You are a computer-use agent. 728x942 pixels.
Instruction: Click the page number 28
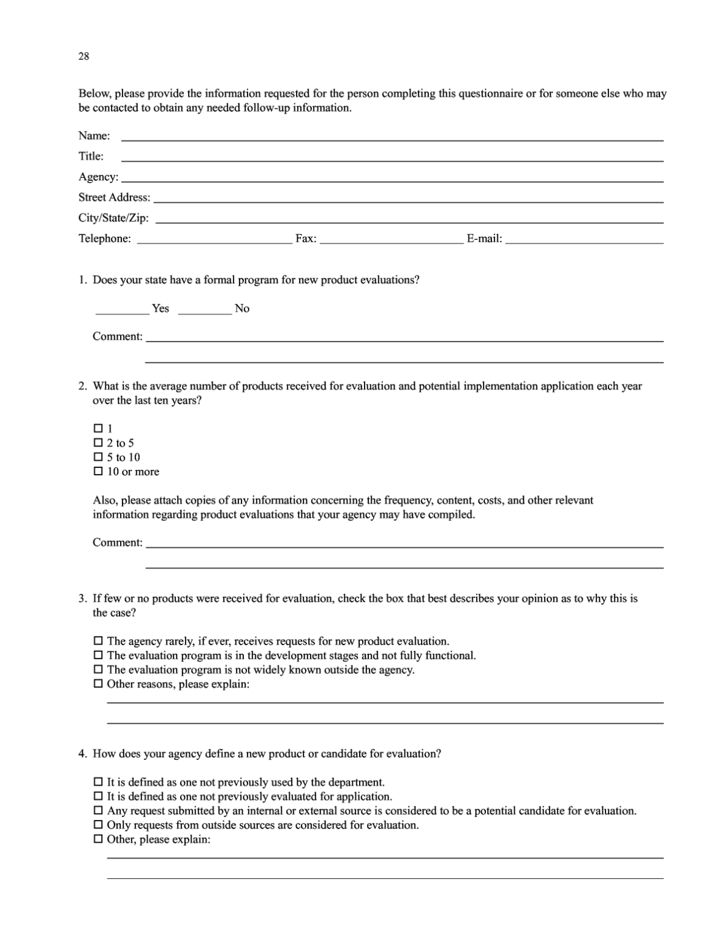click(x=83, y=56)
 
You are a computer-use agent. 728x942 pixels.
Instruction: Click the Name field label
click(x=94, y=136)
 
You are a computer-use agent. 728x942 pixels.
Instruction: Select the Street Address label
click(x=114, y=197)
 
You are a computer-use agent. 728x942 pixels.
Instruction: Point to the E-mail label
click(x=484, y=239)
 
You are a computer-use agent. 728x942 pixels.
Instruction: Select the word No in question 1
click(x=242, y=308)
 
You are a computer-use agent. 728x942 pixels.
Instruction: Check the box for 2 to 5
click(x=98, y=443)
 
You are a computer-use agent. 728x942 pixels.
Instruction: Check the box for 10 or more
click(x=98, y=472)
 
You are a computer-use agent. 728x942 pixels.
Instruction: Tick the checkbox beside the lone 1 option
click(x=98, y=428)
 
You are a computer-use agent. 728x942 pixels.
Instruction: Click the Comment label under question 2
click(x=117, y=543)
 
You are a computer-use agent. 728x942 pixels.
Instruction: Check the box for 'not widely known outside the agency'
click(x=98, y=670)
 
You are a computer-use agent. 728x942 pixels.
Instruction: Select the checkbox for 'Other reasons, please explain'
click(x=98, y=684)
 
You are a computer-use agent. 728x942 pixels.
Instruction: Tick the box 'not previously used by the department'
click(x=98, y=783)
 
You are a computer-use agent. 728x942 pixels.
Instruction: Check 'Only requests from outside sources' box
click(x=98, y=825)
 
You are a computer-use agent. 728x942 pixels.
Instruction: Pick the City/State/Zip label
click(x=113, y=218)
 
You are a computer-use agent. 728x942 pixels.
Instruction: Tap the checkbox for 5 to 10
click(x=98, y=458)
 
